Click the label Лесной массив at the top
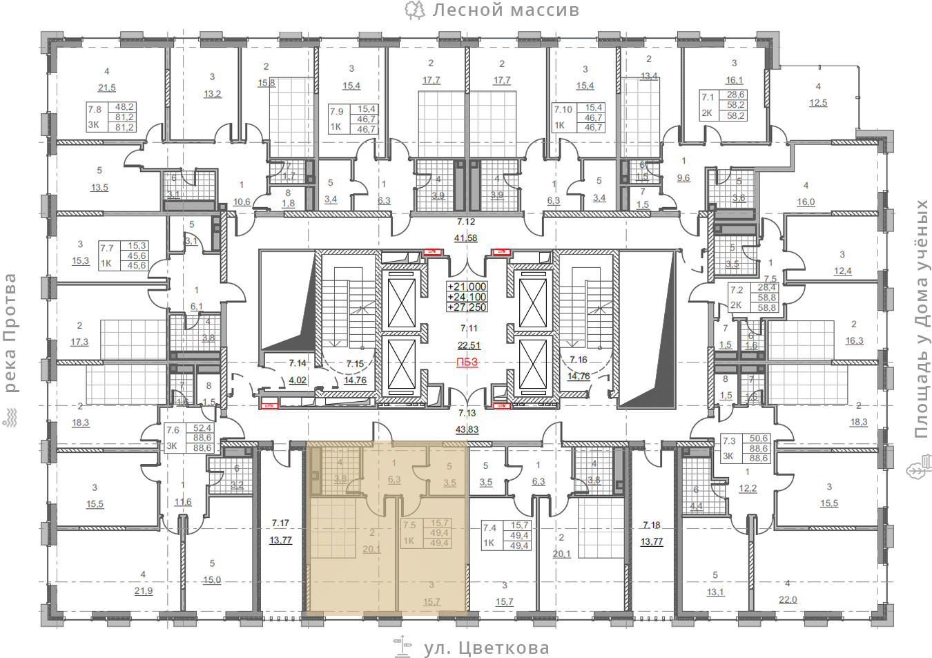[505, 10]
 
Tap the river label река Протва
[10, 333]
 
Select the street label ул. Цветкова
[486, 648]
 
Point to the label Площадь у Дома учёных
[922, 319]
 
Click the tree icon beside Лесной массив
[414, 10]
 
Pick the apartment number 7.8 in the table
[95, 109]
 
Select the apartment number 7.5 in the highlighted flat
[409, 525]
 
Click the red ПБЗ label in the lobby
[467, 362]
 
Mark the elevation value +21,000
[467, 287]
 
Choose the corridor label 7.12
[466, 222]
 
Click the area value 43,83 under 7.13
[467, 429]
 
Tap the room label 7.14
[298, 363]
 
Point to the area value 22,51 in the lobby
[469, 345]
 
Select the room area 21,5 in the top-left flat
[107, 88]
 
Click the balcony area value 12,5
[818, 103]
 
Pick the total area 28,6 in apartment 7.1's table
[735, 95]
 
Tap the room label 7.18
[652, 525]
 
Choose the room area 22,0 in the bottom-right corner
[788, 600]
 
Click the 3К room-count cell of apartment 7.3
[728, 456]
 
